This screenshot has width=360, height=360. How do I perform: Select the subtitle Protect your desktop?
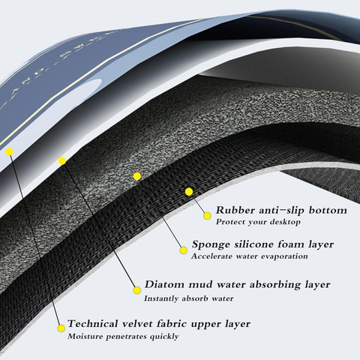pyautogui.click(x=258, y=222)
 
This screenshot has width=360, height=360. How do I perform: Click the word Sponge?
pyautogui.click(x=211, y=244)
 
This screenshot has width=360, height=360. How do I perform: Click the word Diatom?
pyautogui.click(x=164, y=284)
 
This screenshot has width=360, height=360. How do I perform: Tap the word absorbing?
pyautogui.click(x=274, y=285)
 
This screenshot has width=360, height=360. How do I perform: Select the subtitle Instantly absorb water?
pyautogui.click(x=189, y=298)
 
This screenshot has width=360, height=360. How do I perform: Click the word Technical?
pyautogui.click(x=93, y=324)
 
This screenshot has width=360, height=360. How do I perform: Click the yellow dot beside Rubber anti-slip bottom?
pyautogui.click(x=207, y=216)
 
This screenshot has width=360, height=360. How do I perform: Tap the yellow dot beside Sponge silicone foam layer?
pyautogui.click(x=184, y=250)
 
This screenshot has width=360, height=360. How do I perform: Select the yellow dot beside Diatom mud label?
pyautogui.click(x=137, y=290)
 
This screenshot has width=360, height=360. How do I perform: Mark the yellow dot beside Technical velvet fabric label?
pyautogui.click(x=61, y=328)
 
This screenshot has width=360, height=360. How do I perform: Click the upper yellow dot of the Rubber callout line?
pyautogui.click(x=189, y=192)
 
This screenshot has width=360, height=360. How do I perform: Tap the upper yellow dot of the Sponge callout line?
pyautogui.click(x=137, y=176)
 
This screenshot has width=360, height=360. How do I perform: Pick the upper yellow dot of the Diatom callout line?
pyautogui.click(x=62, y=161)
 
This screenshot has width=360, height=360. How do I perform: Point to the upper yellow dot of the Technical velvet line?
pyautogui.click(x=9, y=151)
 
